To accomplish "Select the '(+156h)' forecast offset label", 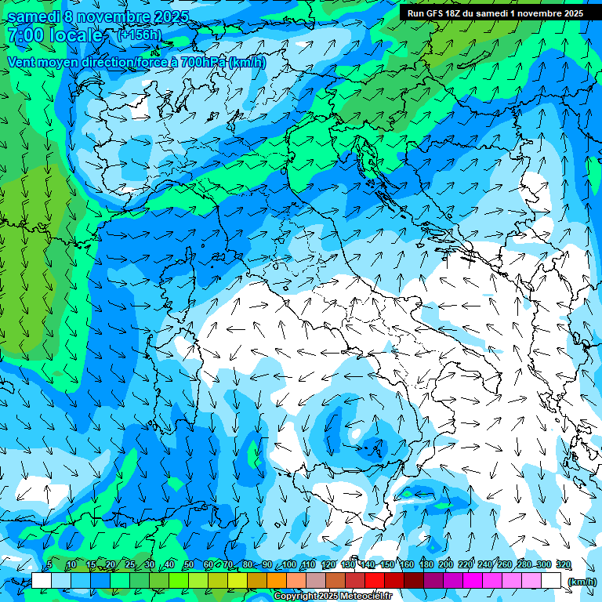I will pos(139,35).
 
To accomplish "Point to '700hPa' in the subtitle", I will pos(196,62).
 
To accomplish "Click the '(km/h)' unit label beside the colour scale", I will pos(582,582).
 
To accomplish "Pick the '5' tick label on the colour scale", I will pos(49,565).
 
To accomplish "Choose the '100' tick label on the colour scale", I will pos(289,565).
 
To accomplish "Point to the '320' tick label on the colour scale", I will pos(563,565).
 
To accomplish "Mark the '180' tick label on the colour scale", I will pos(426,565).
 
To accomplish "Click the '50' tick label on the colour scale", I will pos(189,565).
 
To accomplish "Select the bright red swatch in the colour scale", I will pos(375,581).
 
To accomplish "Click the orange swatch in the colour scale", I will pos(277,581).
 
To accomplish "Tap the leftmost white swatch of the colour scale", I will pos(42,581).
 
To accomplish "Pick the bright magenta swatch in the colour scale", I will pos(473,581).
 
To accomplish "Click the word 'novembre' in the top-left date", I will pos(116,16).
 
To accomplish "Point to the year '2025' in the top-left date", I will pos(170,16).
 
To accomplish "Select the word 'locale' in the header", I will pos(76,35).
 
